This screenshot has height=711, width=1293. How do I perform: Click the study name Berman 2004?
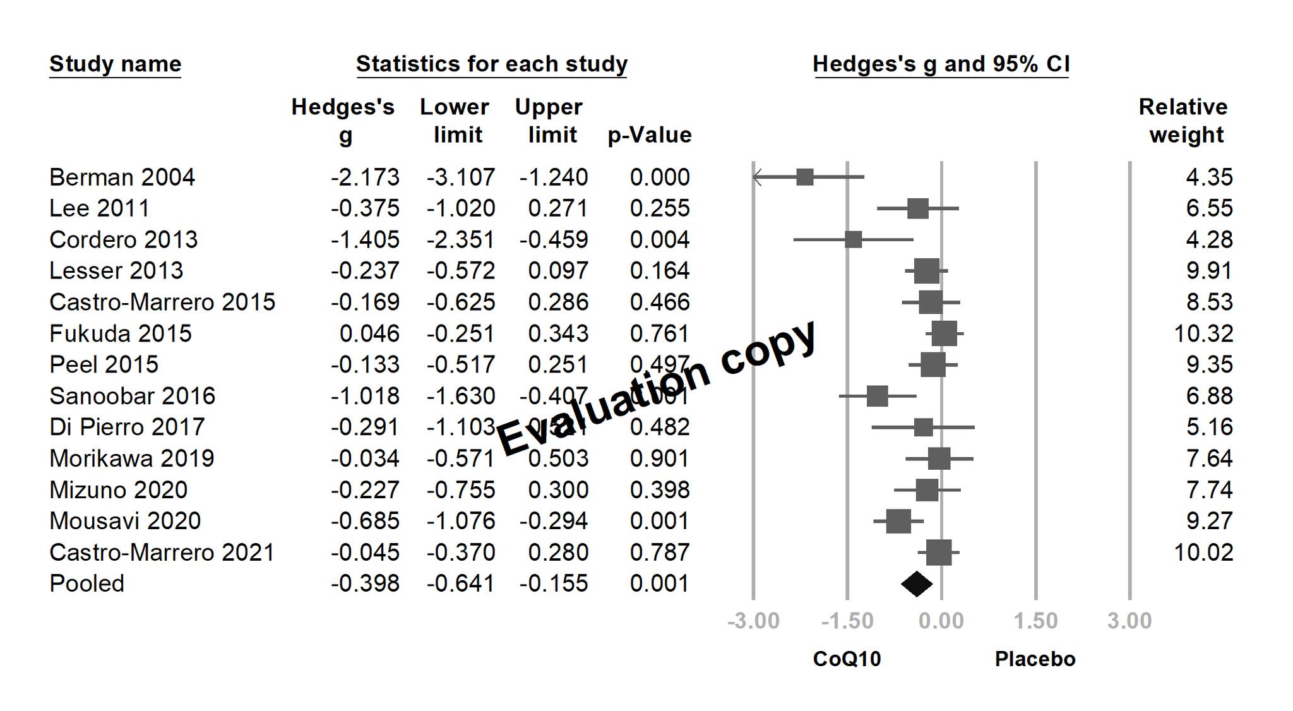(x=122, y=177)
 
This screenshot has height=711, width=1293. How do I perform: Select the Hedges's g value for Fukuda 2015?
(x=369, y=333)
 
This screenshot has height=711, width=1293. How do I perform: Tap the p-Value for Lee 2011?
(x=660, y=208)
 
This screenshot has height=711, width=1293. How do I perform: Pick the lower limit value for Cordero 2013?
(x=461, y=240)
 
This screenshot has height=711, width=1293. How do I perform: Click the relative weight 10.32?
(x=1203, y=333)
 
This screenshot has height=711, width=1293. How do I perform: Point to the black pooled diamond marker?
(x=917, y=583)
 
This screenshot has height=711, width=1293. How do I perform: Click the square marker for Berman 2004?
(x=805, y=177)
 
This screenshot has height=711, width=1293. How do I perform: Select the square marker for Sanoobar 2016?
(x=877, y=397)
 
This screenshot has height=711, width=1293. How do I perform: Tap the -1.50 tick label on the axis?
(x=847, y=621)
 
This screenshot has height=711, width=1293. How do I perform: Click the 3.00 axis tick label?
(x=1129, y=621)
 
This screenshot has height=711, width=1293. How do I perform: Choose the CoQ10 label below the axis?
(x=847, y=659)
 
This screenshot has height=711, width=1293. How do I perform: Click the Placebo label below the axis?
(x=1035, y=659)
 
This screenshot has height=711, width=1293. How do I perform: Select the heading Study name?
(x=116, y=64)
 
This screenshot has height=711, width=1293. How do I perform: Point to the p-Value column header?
(x=650, y=135)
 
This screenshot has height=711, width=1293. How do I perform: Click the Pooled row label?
(x=86, y=583)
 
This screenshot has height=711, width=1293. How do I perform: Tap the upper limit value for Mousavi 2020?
(x=554, y=521)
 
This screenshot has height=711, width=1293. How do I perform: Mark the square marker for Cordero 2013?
(x=853, y=240)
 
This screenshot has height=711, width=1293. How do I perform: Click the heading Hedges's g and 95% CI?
(x=941, y=64)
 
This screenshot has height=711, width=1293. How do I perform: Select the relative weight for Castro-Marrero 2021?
(x=1203, y=553)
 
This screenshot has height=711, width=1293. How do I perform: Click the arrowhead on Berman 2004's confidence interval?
(x=757, y=177)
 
